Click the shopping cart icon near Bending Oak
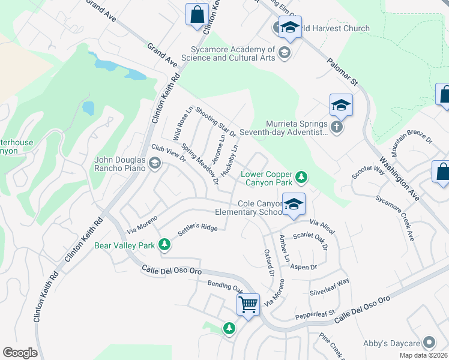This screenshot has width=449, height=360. [248, 304]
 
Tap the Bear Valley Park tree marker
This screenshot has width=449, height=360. [164, 245]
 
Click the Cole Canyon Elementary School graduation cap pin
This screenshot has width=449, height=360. [293, 205]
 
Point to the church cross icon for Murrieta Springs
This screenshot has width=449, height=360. [337, 127]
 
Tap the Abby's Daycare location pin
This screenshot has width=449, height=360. [429, 343]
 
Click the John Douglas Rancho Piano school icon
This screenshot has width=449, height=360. [155, 163]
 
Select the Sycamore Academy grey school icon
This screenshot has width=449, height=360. [284, 53]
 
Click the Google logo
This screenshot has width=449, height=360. [20, 353]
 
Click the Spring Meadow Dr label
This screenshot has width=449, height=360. [200, 163]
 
